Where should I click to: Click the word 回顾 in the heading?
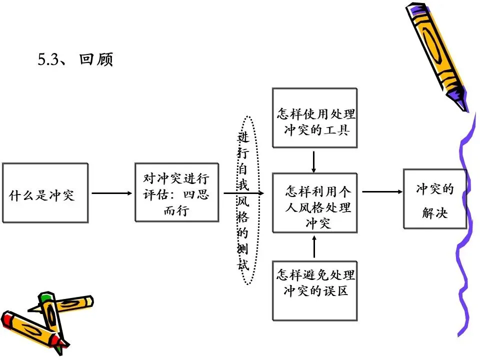[96, 59]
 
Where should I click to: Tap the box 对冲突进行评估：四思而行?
[176, 192]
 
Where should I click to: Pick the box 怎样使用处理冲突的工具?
[314, 118]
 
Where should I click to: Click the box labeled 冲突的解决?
[434, 198]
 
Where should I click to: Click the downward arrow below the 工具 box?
[314, 161]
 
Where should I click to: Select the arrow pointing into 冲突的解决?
[382, 191]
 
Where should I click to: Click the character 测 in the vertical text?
[243, 249]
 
